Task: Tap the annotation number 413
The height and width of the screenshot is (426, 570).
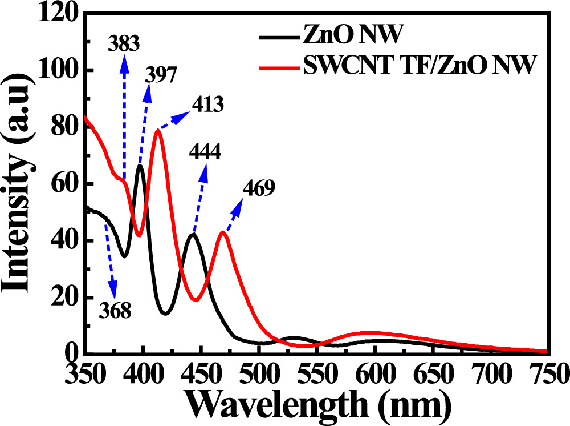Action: pyautogui.click(x=206, y=106)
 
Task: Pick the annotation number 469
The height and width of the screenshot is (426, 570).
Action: pyautogui.click(x=259, y=188)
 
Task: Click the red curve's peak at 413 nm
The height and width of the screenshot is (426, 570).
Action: pyautogui.click(x=157, y=130)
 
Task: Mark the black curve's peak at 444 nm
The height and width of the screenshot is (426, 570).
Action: pyautogui.click(x=194, y=234)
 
